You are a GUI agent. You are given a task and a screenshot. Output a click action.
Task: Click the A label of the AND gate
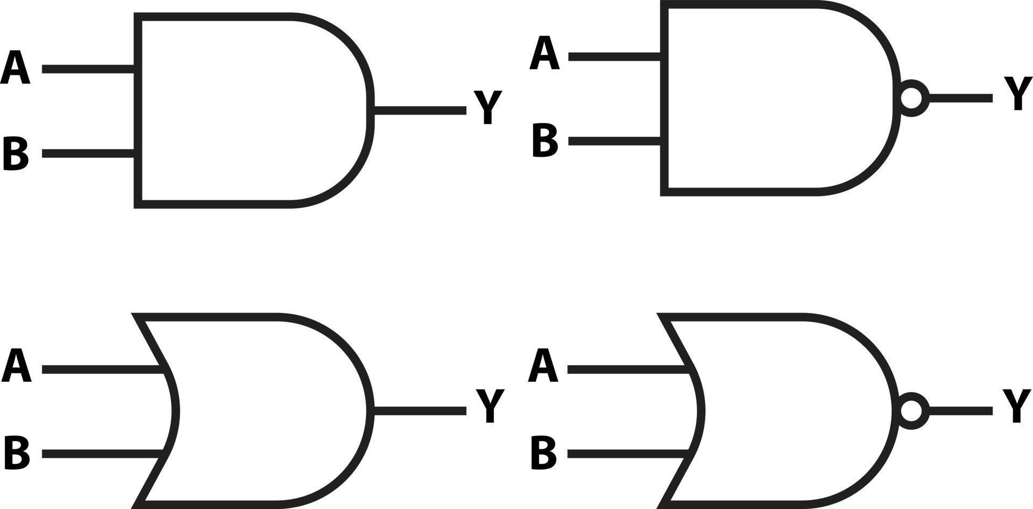(x=15, y=68)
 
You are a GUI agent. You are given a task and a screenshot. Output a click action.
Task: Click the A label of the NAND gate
(x=544, y=53)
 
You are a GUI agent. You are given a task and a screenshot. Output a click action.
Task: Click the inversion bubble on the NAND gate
(x=911, y=98)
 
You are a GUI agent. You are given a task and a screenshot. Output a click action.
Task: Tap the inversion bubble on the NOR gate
(x=911, y=410)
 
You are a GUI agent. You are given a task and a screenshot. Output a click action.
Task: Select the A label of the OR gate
(x=16, y=366)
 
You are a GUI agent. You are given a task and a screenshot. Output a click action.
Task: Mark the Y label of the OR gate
(x=490, y=406)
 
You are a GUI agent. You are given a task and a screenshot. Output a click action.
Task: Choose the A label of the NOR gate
(x=543, y=366)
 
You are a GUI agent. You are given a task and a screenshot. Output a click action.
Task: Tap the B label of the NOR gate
(x=543, y=453)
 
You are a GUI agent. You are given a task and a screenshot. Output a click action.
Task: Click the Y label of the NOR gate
(x=1017, y=406)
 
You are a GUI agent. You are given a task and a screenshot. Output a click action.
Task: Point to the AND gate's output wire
(x=420, y=110)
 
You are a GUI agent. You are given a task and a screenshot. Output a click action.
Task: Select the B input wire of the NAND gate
(x=614, y=141)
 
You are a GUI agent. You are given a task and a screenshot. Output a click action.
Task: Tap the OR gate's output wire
(x=420, y=411)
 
